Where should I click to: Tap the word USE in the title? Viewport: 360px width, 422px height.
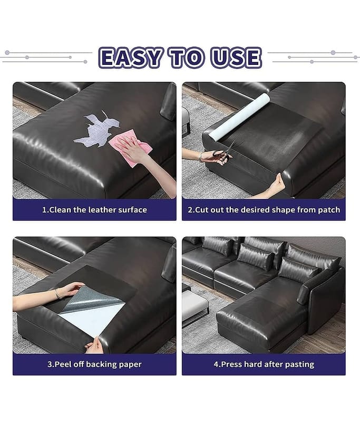[x=236, y=57]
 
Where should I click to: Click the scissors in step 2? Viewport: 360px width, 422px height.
[x=225, y=152]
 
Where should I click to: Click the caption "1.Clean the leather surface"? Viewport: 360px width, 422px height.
[x=94, y=209]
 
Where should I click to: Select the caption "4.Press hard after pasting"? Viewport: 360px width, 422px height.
[x=264, y=364]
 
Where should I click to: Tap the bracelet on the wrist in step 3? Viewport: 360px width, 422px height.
[x=57, y=294]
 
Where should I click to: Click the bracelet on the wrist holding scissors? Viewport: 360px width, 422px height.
[x=200, y=157]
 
